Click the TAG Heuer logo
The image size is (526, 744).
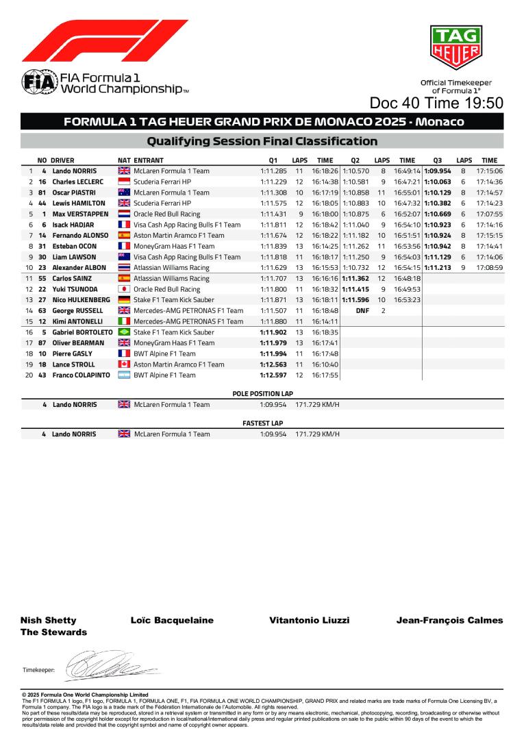coord(455,49)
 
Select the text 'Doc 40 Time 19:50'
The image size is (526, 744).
coord(436,103)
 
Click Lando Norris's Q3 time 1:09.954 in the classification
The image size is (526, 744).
coord(438,171)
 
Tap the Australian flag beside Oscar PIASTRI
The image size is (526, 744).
coord(124,193)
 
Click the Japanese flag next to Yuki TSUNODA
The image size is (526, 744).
coord(124,289)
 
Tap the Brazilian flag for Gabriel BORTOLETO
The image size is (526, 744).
coord(124,332)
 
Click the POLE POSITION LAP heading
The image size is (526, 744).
coord(262,394)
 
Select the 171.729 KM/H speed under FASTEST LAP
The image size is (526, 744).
coord(317,434)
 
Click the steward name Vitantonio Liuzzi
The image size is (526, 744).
coord(310,620)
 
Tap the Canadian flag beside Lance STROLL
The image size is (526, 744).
coord(124,364)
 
